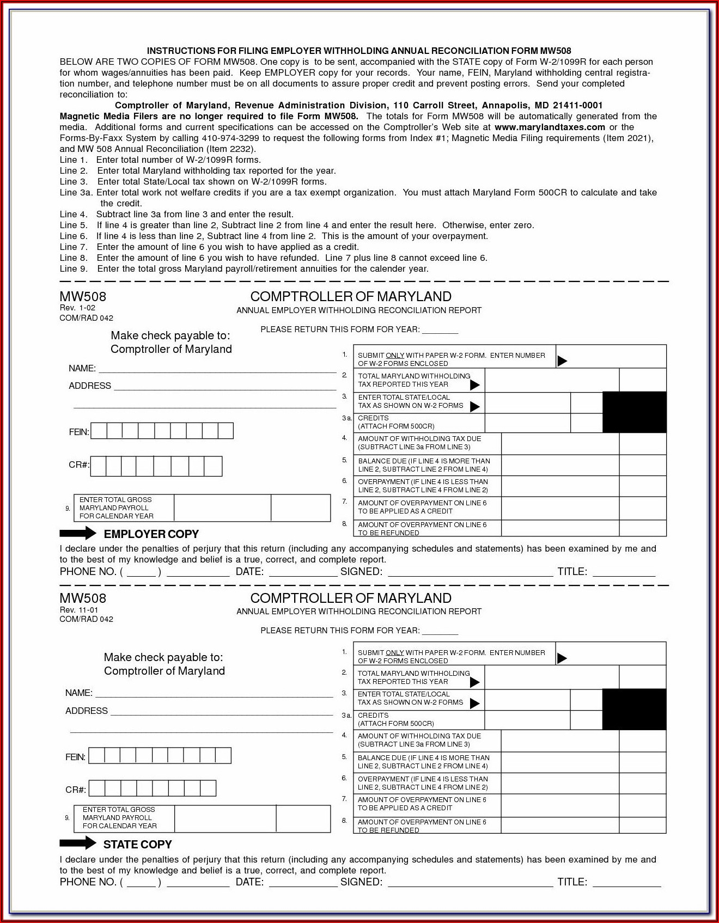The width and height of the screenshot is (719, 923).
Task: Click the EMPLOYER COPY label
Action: (x=151, y=534)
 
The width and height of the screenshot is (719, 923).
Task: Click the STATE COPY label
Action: (x=137, y=845)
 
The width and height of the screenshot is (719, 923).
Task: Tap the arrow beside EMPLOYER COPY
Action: (x=78, y=533)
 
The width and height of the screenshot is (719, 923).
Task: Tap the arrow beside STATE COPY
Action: (x=78, y=843)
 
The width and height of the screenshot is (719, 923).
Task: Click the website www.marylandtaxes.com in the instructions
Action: (x=550, y=127)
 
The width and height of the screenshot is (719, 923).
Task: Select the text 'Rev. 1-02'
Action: (x=77, y=308)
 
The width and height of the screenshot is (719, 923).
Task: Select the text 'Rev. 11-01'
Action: (x=79, y=610)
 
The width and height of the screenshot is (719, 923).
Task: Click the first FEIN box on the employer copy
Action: (x=99, y=431)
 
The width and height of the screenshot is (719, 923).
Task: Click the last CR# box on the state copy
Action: (x=208, y=788)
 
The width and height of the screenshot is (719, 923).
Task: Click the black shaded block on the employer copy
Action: (x=635, y=412)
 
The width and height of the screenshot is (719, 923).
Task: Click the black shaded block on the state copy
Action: (x=635, y=709)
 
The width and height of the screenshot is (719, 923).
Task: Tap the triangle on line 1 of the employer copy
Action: (x=562, y=360)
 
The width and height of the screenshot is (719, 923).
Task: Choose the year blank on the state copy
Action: (x=440, y=631)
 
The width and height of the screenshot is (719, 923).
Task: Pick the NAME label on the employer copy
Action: (x=82, y=369)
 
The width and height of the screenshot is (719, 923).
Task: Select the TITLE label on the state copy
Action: (x=572, y=882)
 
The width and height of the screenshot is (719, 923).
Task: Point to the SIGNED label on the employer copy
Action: (x=361, y=572)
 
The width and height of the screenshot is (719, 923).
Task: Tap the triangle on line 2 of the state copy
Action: (x=474, y=682)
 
